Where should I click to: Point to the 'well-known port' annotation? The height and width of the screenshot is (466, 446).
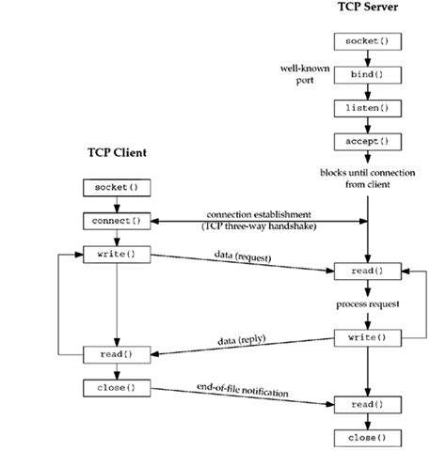point(302,74)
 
